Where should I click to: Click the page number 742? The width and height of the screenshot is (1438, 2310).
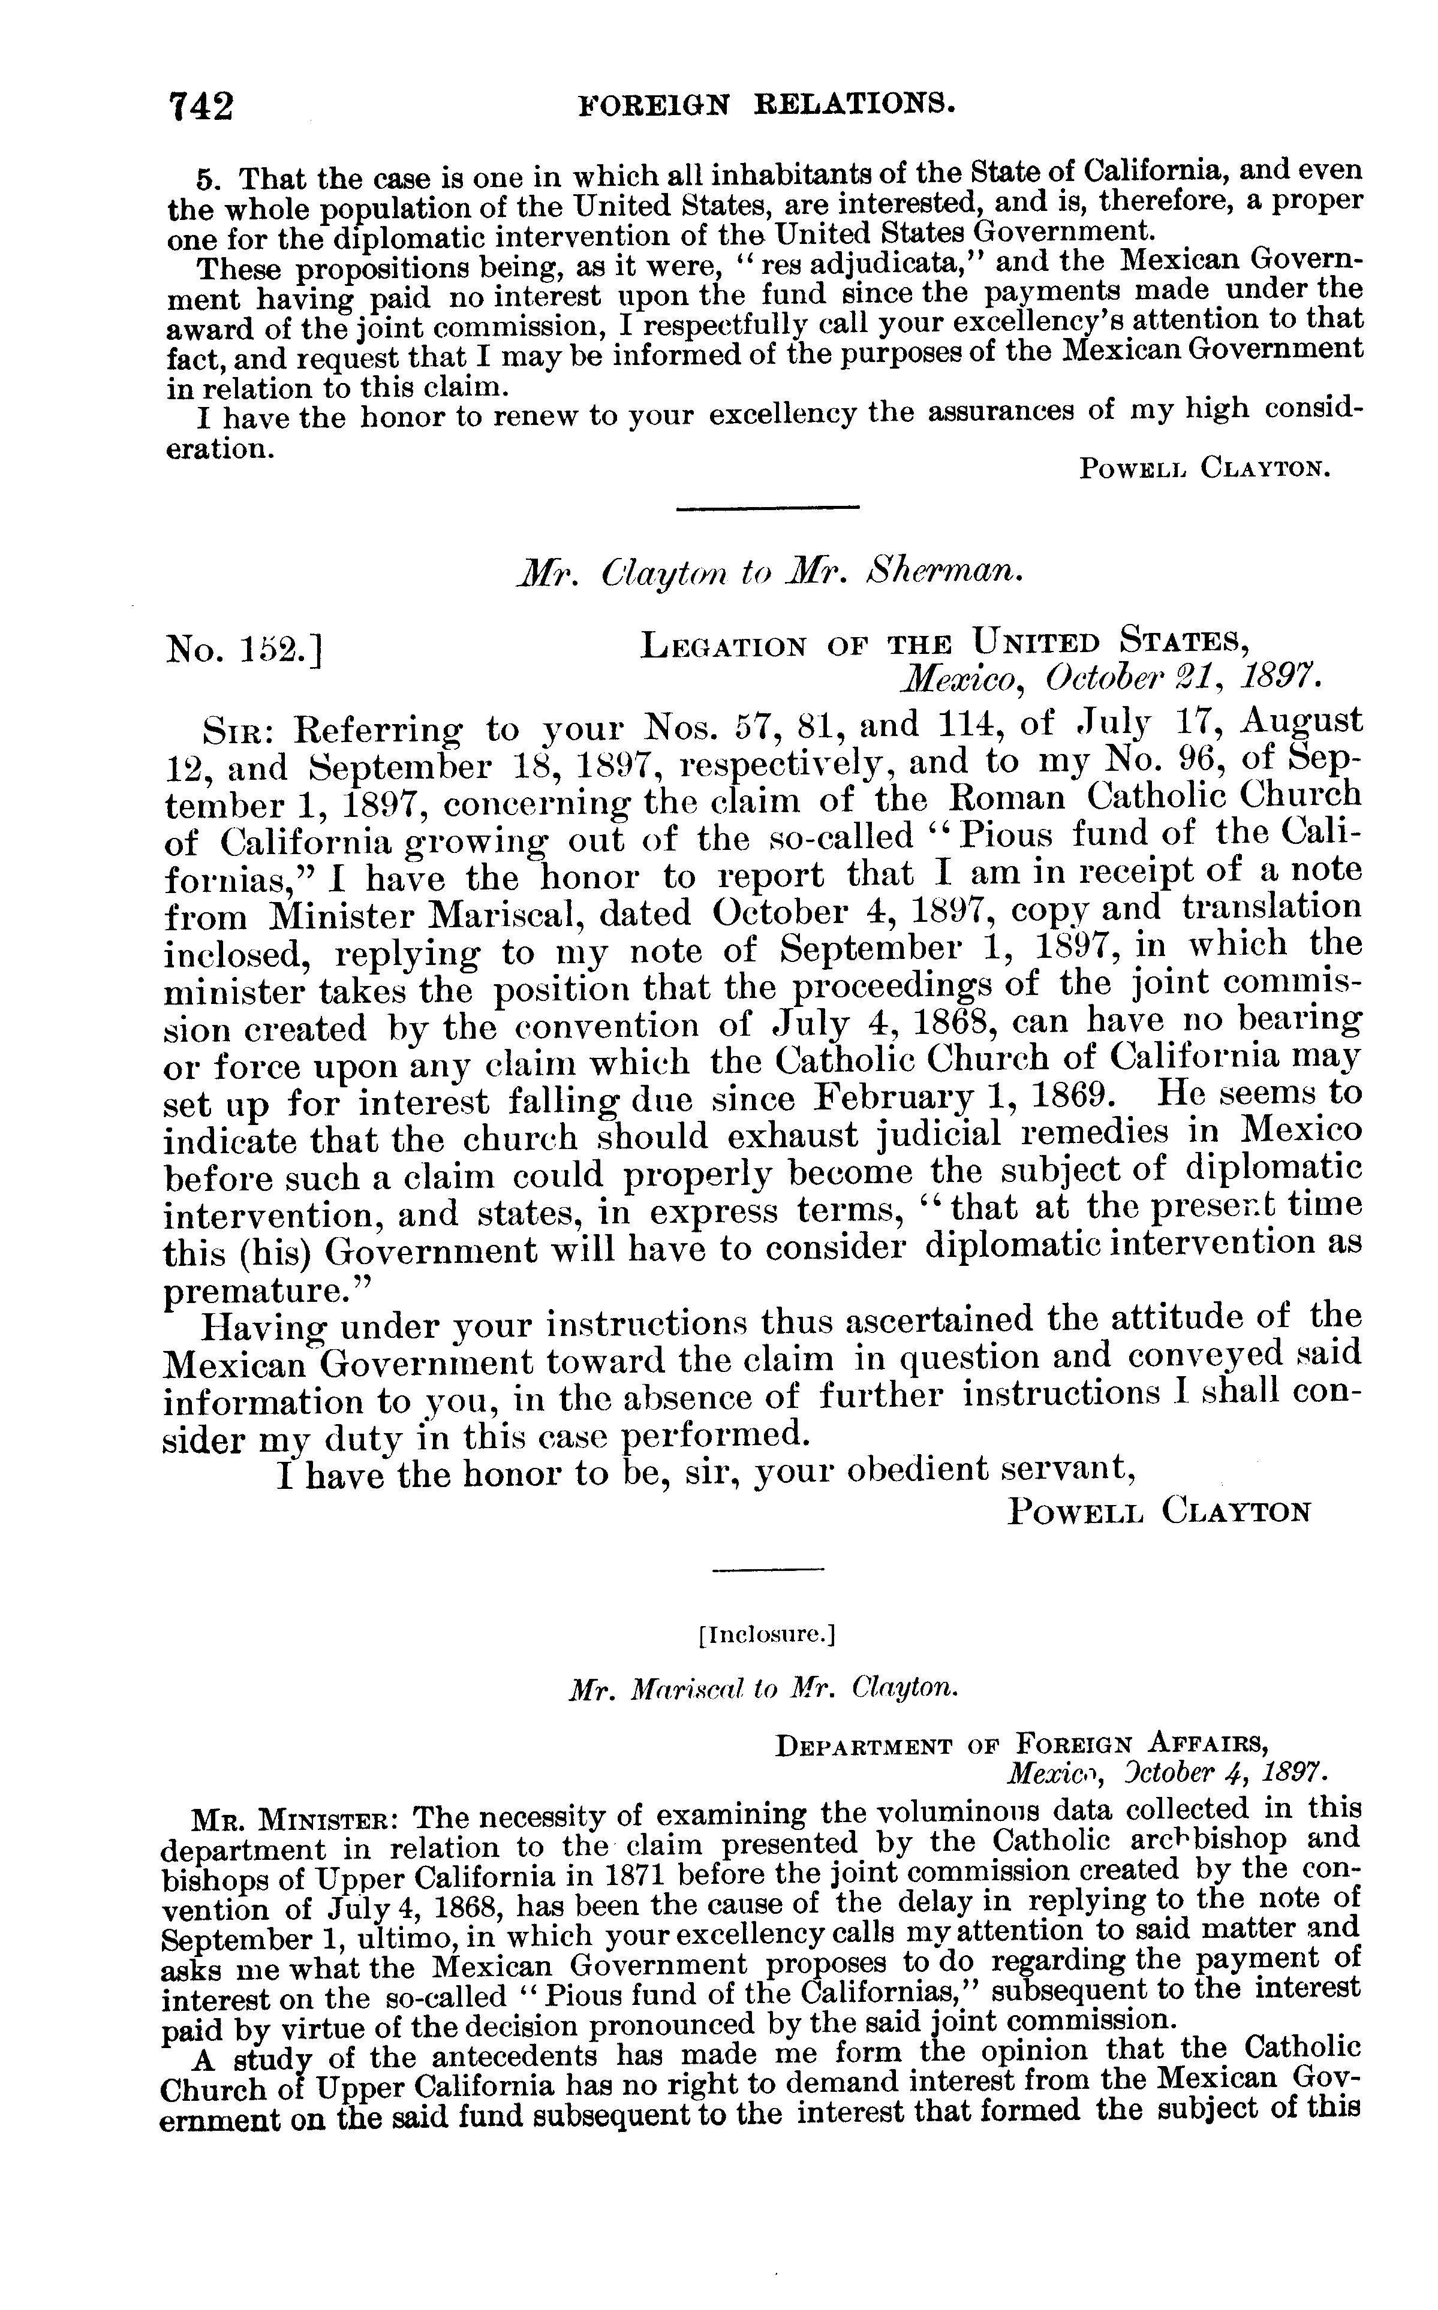[x=201, y=105]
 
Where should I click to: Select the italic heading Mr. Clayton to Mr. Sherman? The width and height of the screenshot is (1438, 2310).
[x=766, y=573]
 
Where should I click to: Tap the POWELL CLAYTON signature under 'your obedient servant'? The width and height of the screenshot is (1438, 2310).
[x=1159, y=1510]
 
